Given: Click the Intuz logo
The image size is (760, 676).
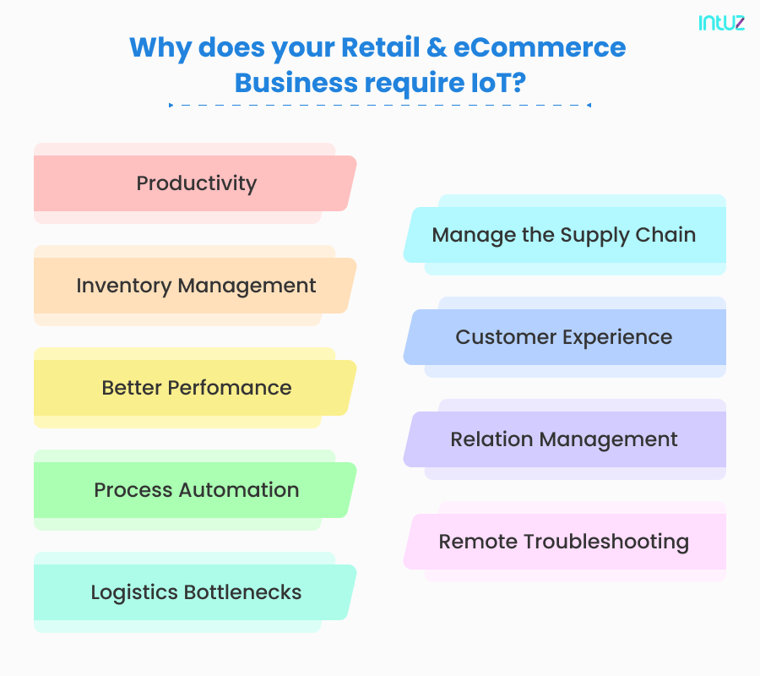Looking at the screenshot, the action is pos(721,23).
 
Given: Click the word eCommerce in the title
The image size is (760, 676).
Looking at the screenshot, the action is pos(540,47).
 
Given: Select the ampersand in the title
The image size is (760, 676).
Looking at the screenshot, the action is pos(437,47).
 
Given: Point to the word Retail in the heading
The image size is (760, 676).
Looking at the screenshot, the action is pos(381,47).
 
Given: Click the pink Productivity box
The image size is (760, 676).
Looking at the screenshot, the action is pos(195,183).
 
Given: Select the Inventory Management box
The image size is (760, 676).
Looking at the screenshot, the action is pos(195,286).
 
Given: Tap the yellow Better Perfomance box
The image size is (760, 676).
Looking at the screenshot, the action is pos(195,388).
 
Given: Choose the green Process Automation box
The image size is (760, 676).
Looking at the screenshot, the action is pos(195,490).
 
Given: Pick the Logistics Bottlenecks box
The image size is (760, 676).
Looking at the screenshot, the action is pos(195,592).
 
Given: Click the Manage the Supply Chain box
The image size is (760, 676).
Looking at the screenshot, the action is pos(565,235).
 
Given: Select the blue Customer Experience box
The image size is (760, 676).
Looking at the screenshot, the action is pos(565,337).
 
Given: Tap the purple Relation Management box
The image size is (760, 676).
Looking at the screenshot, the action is pos(565,439).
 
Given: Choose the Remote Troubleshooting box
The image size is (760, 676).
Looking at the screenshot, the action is pos(565,542).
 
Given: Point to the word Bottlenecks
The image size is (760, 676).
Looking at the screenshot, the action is pos(242,592).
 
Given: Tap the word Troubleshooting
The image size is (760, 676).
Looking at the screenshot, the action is pos(606,542).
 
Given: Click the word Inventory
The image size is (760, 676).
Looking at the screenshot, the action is pos(124,286).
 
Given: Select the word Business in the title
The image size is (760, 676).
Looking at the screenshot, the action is pos(296,83).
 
